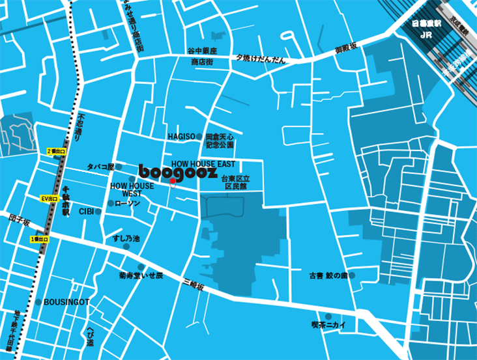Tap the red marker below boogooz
172,184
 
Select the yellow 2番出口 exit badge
57,151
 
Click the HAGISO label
181,136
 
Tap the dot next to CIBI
100,212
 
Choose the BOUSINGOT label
66,302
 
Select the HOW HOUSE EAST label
203,164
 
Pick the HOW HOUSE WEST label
132,189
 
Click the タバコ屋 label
101,167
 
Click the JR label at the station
427,35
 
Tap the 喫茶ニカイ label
328,324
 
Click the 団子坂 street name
20,221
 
